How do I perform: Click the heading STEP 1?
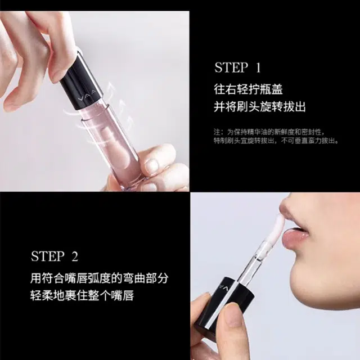[x=237, y=67]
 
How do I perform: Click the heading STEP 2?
[x=55, y=256]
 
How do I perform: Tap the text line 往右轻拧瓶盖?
[x=248, y=89]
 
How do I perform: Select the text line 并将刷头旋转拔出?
[x=260, y=107]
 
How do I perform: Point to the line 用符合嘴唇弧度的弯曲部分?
[x=100, y=278]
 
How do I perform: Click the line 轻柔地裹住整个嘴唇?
[x=82, y=295]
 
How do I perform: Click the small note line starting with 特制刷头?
[x=276, y=141]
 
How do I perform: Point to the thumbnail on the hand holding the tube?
[x=151, y=164]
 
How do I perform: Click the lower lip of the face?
[x=295, y=238]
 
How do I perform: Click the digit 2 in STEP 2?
[x=75, y=256]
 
